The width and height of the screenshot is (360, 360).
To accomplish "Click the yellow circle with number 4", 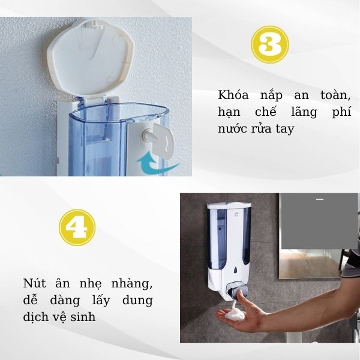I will (77, 227).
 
